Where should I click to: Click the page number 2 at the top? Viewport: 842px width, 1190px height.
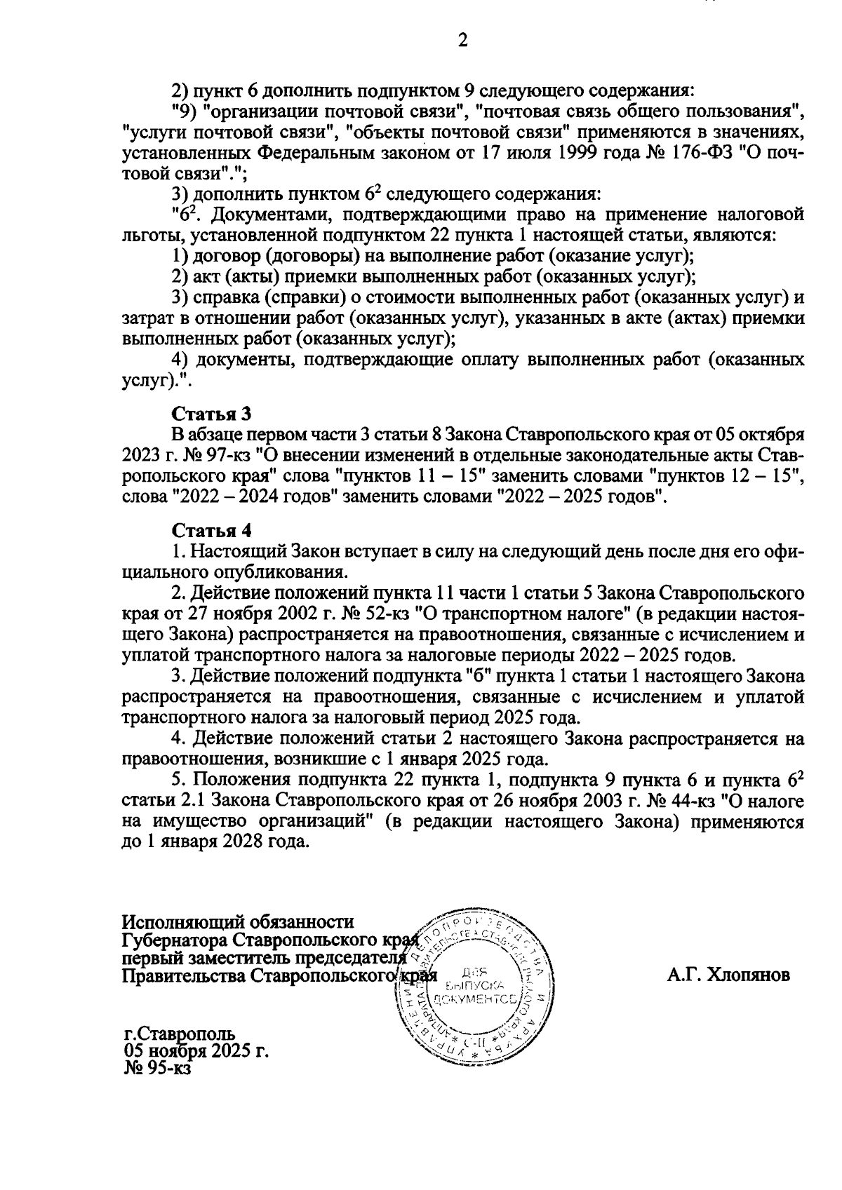coord(462,41)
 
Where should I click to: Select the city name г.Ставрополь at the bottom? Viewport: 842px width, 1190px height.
coord(180,1034)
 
